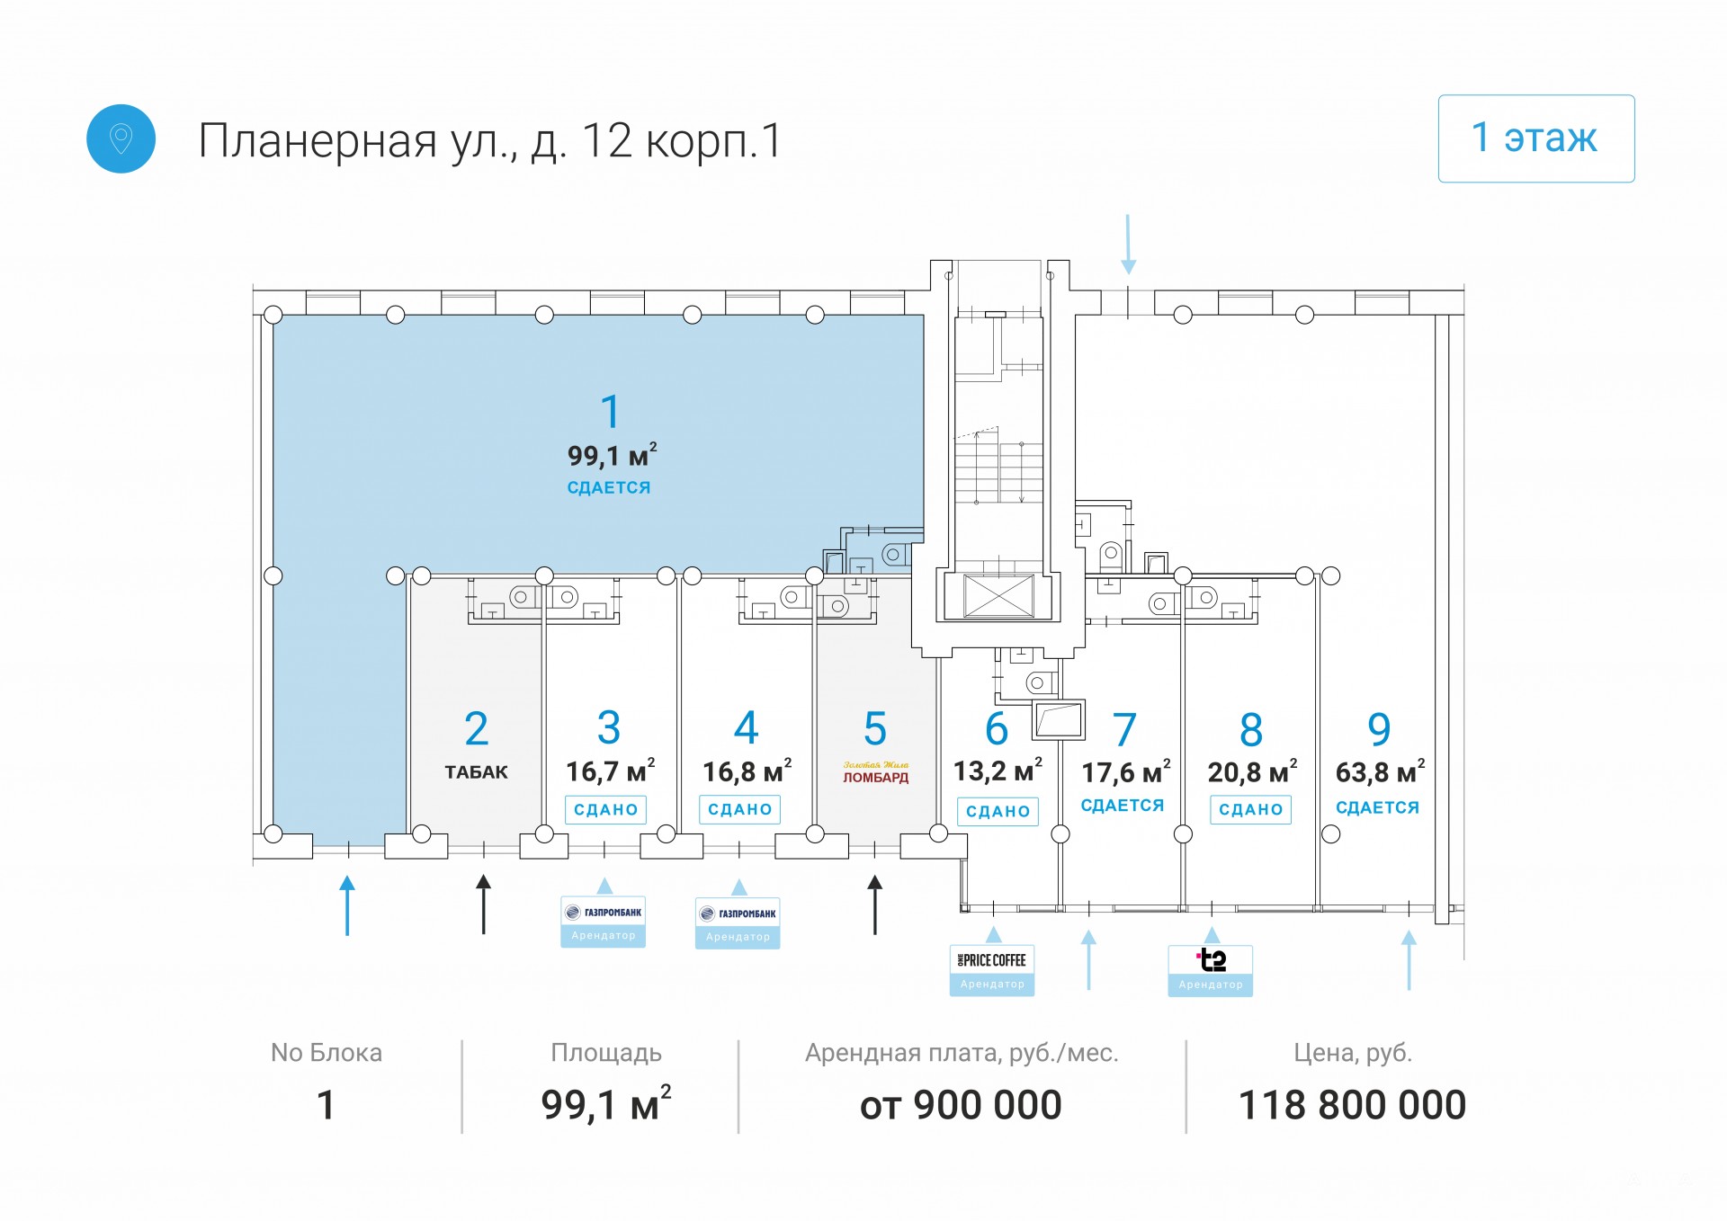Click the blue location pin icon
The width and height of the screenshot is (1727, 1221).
point(121,138)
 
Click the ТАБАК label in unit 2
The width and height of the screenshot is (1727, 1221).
point(476,772)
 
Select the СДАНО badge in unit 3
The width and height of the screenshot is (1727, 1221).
point(605,809)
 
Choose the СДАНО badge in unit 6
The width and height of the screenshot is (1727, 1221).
point(998,811)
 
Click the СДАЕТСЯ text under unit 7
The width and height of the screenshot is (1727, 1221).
point(1122,806)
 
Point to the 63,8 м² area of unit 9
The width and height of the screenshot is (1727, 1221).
point(1379,771)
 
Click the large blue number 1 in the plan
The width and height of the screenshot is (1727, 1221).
point(610,412)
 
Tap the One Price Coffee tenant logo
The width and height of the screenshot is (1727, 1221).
point(992,961)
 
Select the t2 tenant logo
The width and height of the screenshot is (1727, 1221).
point(1211,961)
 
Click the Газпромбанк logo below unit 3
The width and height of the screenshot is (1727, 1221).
point(604,913)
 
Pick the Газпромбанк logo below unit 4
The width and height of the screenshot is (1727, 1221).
point(738,914)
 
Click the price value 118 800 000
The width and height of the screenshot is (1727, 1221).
point(1352,1105)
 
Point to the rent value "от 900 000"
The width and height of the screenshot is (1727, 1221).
point(961,1105)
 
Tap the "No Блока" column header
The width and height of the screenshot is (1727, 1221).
point(327,1053)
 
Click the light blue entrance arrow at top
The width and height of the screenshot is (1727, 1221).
point(1128,244)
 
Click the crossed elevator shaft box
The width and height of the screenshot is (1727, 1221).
point(998,595)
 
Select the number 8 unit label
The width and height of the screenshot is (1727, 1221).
point(1250,730)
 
